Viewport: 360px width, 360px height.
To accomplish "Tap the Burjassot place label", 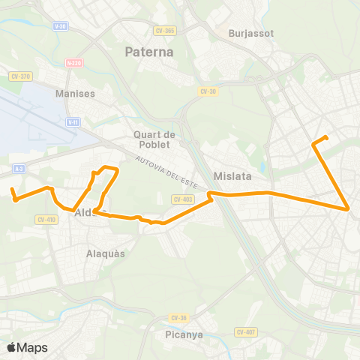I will [252, 34].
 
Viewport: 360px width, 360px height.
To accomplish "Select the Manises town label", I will [75, 94].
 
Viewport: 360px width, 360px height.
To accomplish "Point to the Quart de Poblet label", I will [154, 139].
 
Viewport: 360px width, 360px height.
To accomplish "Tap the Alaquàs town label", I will [106, 253].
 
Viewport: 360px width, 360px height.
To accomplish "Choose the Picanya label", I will [184, 334].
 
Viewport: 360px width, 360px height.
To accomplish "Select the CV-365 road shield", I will [165, 31].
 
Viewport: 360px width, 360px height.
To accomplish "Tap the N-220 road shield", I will [73, 64].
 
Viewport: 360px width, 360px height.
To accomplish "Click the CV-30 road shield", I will [208, 91].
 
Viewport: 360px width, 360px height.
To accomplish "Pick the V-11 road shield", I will [73, 121].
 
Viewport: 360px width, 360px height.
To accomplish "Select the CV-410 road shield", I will [46, 219].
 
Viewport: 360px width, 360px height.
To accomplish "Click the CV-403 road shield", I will [182, 199].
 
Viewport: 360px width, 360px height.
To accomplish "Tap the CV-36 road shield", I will [177, 317].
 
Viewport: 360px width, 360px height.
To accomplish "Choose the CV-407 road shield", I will [245, 332].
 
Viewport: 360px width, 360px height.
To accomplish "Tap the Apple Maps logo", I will [27, 347].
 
